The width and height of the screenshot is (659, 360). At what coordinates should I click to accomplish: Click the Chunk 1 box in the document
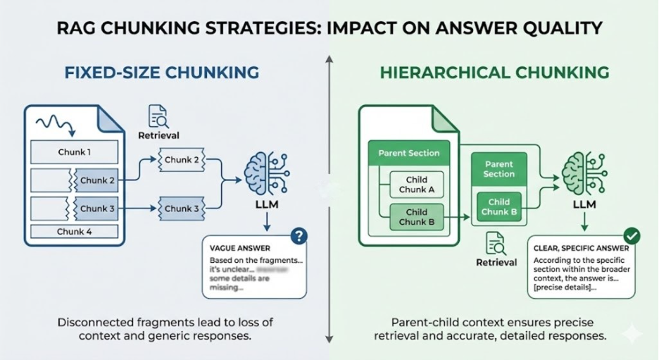(x=74, y=151)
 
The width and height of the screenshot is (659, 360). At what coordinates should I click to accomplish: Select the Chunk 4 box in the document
(x=74, y=231)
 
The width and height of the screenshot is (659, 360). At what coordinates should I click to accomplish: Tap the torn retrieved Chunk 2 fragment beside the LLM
(x=182, y=160)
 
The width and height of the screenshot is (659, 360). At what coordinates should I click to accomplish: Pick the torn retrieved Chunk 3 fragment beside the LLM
(x=182, y=209)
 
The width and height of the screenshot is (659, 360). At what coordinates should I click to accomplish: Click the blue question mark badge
(x=299, y=236)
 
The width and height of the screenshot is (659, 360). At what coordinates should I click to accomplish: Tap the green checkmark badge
(x=632, y=236)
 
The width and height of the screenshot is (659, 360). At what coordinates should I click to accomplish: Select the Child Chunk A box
(x=416, y=184)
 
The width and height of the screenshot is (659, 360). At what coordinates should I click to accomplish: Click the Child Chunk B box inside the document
(x=416, y=217)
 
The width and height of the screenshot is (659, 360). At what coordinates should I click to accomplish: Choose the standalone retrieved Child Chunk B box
(x=499, y=207)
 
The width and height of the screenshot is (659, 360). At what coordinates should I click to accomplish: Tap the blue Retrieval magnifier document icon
(x=159, y=116)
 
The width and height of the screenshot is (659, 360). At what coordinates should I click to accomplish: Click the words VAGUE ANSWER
(x=239, y=249)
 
